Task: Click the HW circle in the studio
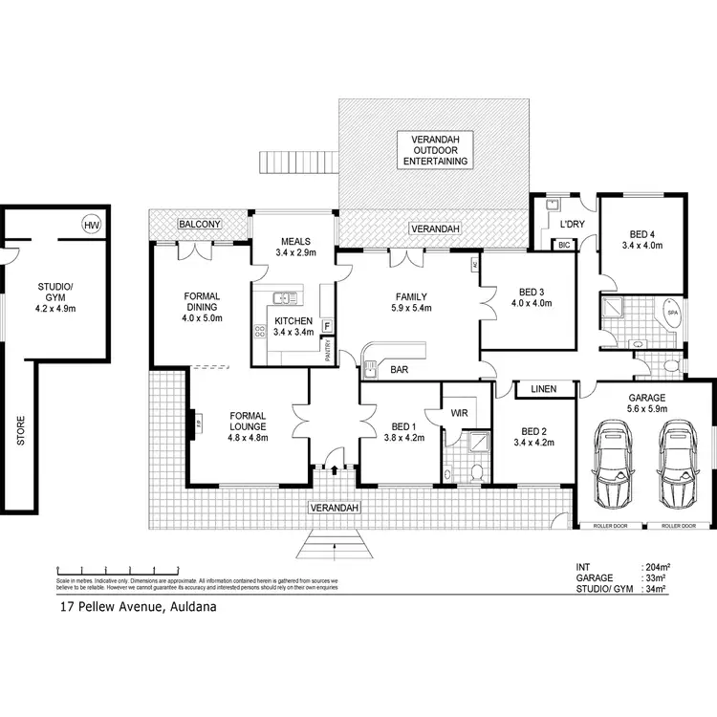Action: pyautogui.click(x=92, y=226)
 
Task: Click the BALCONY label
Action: pyautogui.click(x=200, y=224)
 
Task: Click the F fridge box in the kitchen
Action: pyautogui.click(x=327, y=326)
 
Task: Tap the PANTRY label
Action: pyautogui.click(x=328, y=353)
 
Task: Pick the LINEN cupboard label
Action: pyautogui.click(x=544, y=388)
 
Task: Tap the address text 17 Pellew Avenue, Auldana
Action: pyautogui.click(x=132, y=606)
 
